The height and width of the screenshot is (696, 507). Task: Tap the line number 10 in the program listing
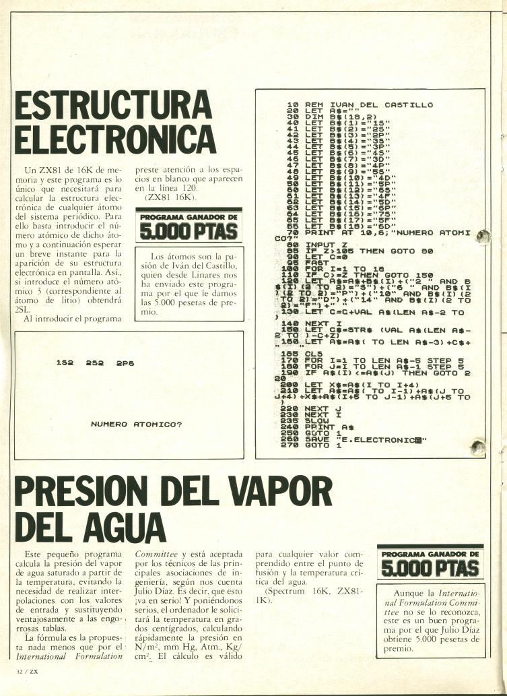[x=292, y=105]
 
